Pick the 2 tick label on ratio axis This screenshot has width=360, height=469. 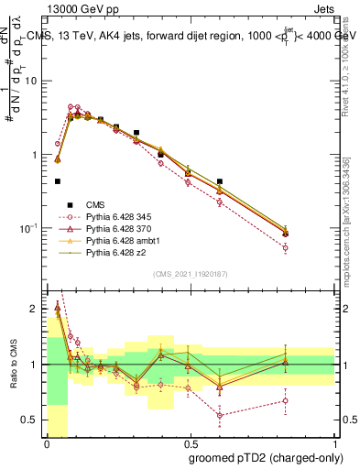coord(35,309)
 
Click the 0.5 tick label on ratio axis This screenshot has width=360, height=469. coord(32,420)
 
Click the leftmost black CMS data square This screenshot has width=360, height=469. coord(58,181)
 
